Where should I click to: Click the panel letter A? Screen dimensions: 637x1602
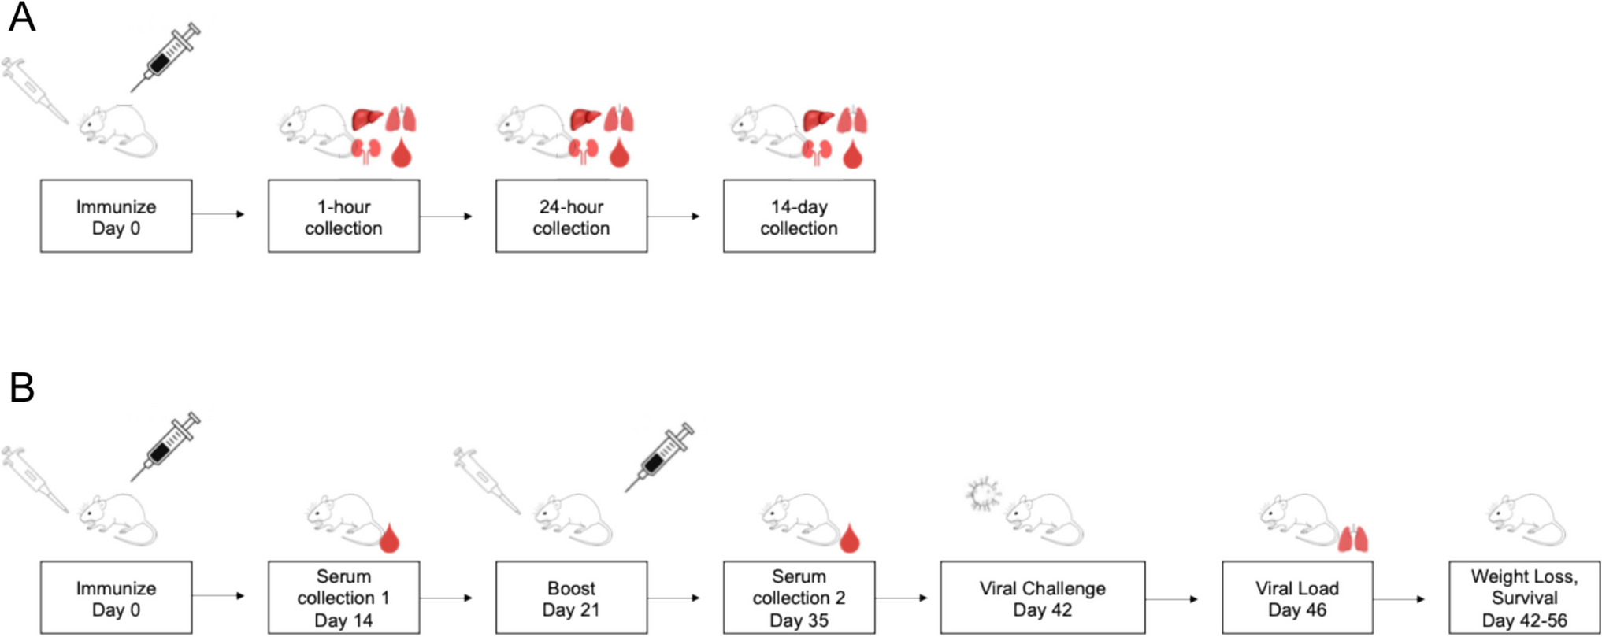point(21,17)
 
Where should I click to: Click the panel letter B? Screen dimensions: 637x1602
point(21,387)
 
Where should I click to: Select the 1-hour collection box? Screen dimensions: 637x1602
point(343,217)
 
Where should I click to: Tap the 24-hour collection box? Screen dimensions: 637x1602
point(571,217)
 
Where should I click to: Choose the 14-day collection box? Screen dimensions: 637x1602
point(799,217)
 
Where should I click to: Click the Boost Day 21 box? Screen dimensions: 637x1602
point(571,598)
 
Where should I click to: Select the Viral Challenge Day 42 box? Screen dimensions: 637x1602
point(1042,598)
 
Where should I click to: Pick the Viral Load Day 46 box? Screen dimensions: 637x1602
point(1296,598)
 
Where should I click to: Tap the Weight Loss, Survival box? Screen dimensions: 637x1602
point(1524,598)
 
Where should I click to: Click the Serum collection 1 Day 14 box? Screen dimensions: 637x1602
point(343,598)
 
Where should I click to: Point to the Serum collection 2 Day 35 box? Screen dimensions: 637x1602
point(799,598)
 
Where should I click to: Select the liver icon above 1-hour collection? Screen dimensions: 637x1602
point(367,119)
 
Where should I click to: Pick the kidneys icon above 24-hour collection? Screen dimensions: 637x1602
point(584,151)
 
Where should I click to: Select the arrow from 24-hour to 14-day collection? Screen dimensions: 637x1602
point(673,217)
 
